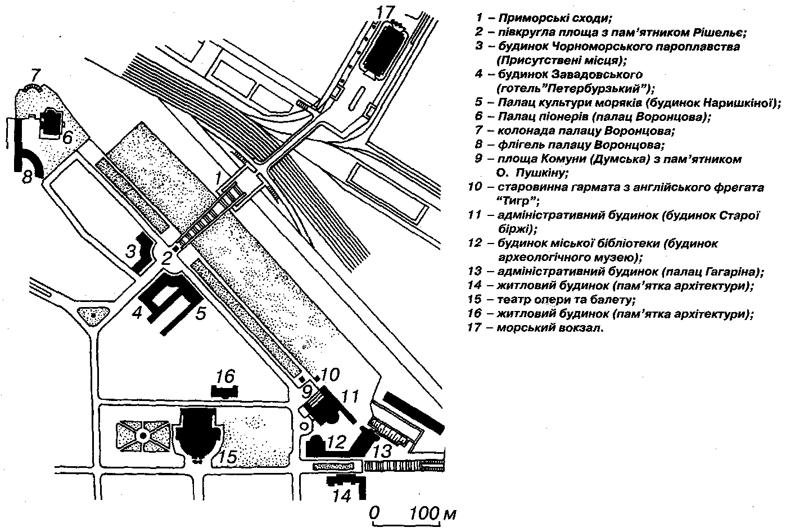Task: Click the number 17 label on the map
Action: click(385, 13)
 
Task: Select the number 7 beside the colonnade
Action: click(36, 75)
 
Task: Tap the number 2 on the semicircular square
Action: click(166, 259)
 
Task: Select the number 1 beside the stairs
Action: click(218, 178)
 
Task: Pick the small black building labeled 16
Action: click(224, 391)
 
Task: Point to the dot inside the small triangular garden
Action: click(93, 315)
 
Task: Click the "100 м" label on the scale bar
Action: click(433, 514)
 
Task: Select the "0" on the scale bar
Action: click(374, 513)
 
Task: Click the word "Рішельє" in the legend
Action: click(720, 33)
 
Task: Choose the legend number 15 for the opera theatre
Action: click(475, 299)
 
